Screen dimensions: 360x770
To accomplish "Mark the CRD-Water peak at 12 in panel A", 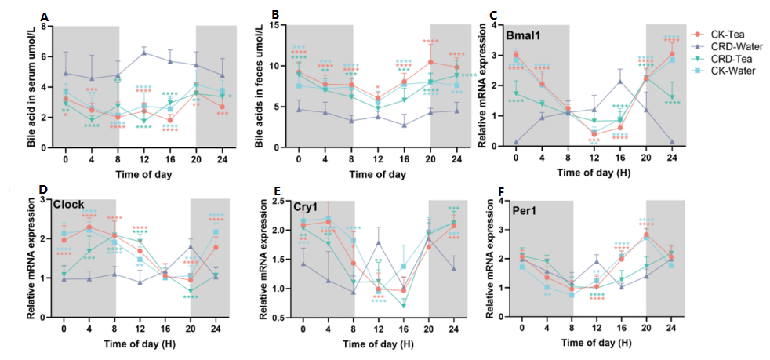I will tap(144, 52).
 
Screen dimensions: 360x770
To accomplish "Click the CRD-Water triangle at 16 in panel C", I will tap(620, 82).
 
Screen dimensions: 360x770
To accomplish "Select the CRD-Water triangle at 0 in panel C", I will tap(516, 143).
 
